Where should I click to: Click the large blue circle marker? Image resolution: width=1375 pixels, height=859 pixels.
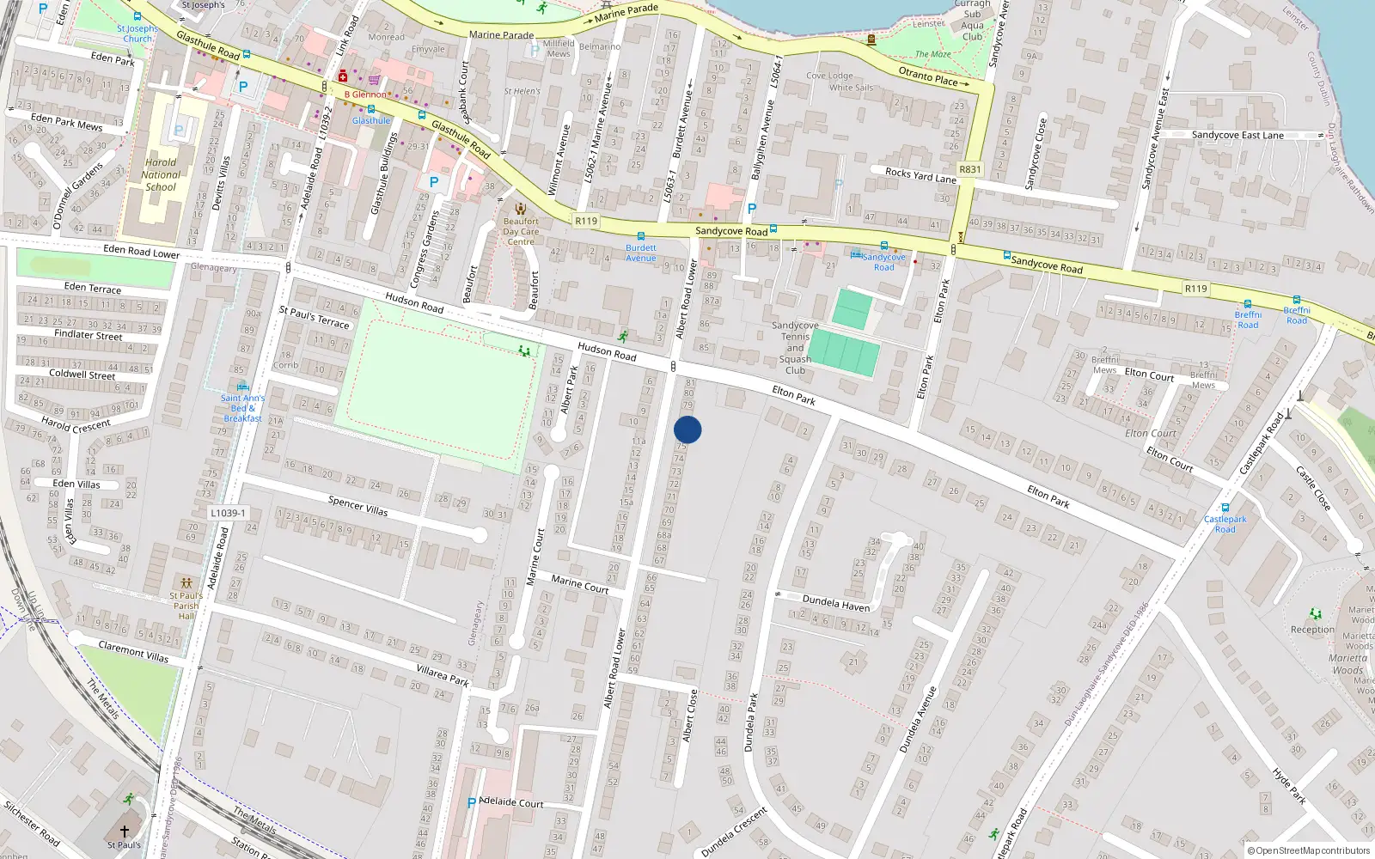coord(687,429)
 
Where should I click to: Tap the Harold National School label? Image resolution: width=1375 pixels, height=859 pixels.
coord(161,174)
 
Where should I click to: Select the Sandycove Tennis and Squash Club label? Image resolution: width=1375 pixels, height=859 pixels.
coord(795,348)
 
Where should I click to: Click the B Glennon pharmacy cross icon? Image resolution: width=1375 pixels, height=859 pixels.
coord(343,77)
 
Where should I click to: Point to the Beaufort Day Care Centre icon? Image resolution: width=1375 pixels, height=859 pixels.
coord(520,209)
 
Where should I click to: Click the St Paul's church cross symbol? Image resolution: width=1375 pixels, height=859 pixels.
coord(125,831)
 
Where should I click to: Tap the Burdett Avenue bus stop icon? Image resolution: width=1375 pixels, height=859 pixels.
coord(640,236)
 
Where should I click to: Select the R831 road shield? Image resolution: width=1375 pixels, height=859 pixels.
coord(969,169)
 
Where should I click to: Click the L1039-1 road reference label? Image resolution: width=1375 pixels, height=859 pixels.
coord(228,513)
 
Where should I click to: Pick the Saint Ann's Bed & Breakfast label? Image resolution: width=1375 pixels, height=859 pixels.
coord(242,408)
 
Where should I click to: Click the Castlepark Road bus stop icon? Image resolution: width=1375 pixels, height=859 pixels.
coord(1225,508)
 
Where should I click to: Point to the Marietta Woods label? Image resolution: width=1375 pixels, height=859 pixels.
coord(1347,664)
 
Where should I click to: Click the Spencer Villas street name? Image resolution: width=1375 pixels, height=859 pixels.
coord(357,506)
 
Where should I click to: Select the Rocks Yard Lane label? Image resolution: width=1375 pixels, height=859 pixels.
coord(920,175)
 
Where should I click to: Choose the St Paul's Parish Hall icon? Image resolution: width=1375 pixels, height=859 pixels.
coord(186,583)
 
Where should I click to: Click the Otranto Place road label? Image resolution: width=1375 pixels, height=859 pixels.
coord(928,76)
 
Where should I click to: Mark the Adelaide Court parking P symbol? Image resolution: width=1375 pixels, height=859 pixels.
coord(471,803)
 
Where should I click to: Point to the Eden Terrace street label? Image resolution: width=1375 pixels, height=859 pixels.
coord(93,287)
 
